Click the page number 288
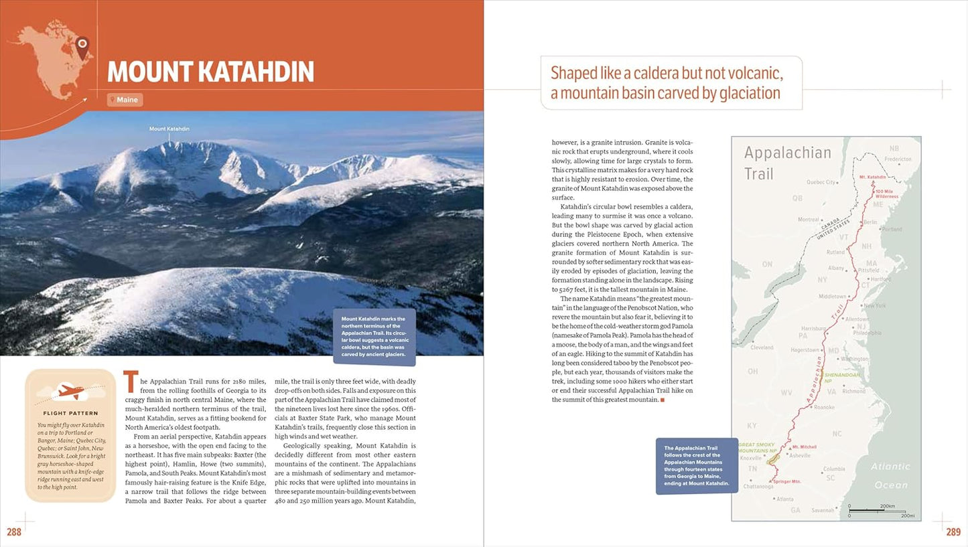pos(13,532)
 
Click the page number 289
pos(953,532)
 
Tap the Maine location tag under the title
pos(125,100)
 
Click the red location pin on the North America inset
pos(82,46)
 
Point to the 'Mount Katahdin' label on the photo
pos(169,129)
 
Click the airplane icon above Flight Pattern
pos(70,390)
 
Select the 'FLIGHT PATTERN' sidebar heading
pos(70,413)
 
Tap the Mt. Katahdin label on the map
pos(872,177)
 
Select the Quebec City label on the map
pos(821,181)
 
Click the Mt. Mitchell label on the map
pos(804,447)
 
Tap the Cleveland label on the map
pos(762,347)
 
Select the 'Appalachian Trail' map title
pos(787,163)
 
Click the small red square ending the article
pos(663,400)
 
